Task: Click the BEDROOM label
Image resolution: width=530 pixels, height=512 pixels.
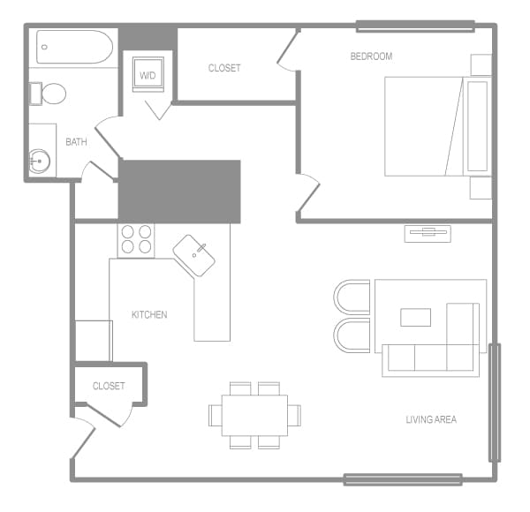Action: (x=371, y=56)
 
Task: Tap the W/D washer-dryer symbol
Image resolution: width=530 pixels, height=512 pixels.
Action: (x=147, y=74)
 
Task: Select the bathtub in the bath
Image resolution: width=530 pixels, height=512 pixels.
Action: (x=74, y=47)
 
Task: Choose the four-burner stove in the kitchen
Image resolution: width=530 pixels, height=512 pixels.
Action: (x=136, y=240)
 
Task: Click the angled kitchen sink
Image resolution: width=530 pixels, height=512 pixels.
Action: (x=194, y=255)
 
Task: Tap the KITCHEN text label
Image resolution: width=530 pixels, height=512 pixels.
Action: (x=149, y=315)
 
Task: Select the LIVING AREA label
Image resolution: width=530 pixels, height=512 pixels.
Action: (x=431, y=419)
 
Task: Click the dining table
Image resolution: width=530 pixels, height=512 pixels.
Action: (x=255, y=415)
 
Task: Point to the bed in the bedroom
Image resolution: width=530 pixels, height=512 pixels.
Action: (x=424, y=126)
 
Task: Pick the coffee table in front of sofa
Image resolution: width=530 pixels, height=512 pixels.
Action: (x=416, y=317)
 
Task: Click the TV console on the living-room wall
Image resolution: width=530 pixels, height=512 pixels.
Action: (x=428, y=233)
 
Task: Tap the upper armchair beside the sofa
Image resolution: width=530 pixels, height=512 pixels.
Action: (x=352, y=297)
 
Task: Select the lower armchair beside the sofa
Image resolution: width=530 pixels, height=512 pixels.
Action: (x=352, y=336)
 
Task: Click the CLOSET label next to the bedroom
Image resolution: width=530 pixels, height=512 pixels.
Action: (x=224, y=68)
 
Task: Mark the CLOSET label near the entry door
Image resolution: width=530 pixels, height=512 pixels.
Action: (x=109, y=386)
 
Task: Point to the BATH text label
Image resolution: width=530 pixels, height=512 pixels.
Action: (x=76, y=141)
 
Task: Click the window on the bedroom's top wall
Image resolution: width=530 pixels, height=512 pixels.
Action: (x=415, y=26)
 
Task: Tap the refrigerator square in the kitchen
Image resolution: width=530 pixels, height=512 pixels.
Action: (x=93, y=341)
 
